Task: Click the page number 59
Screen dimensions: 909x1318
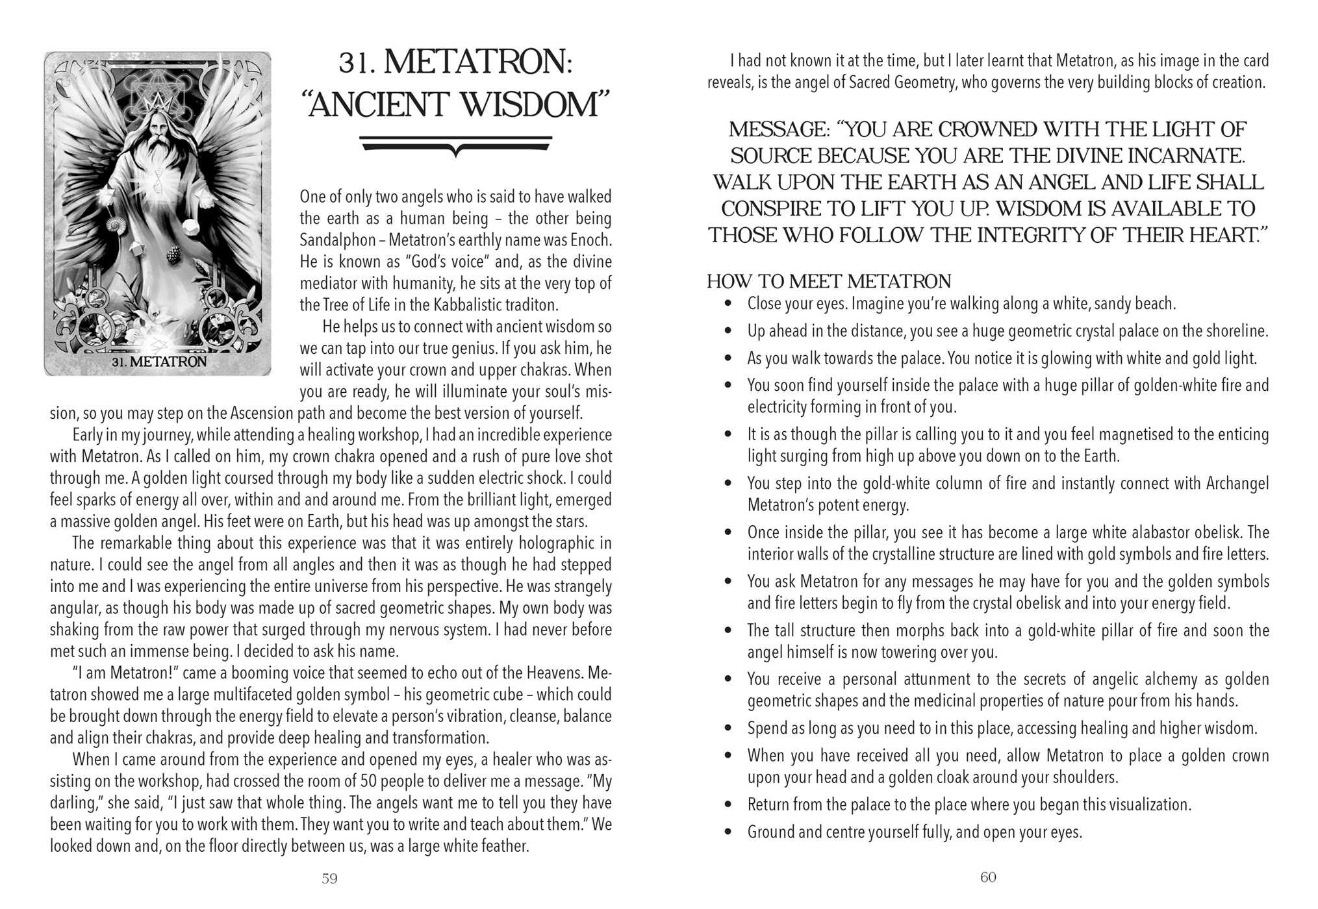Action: (329, 878)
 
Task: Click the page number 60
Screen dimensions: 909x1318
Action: (987, 877)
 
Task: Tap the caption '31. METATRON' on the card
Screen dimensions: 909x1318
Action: (158, 362)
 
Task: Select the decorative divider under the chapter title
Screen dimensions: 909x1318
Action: (456, 145)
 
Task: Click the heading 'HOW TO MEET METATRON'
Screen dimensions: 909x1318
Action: (829, 281)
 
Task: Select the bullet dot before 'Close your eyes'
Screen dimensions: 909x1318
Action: (729, 304)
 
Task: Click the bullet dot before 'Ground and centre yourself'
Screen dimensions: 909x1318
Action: (729, 832)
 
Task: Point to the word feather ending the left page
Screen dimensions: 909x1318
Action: (502, 846)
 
